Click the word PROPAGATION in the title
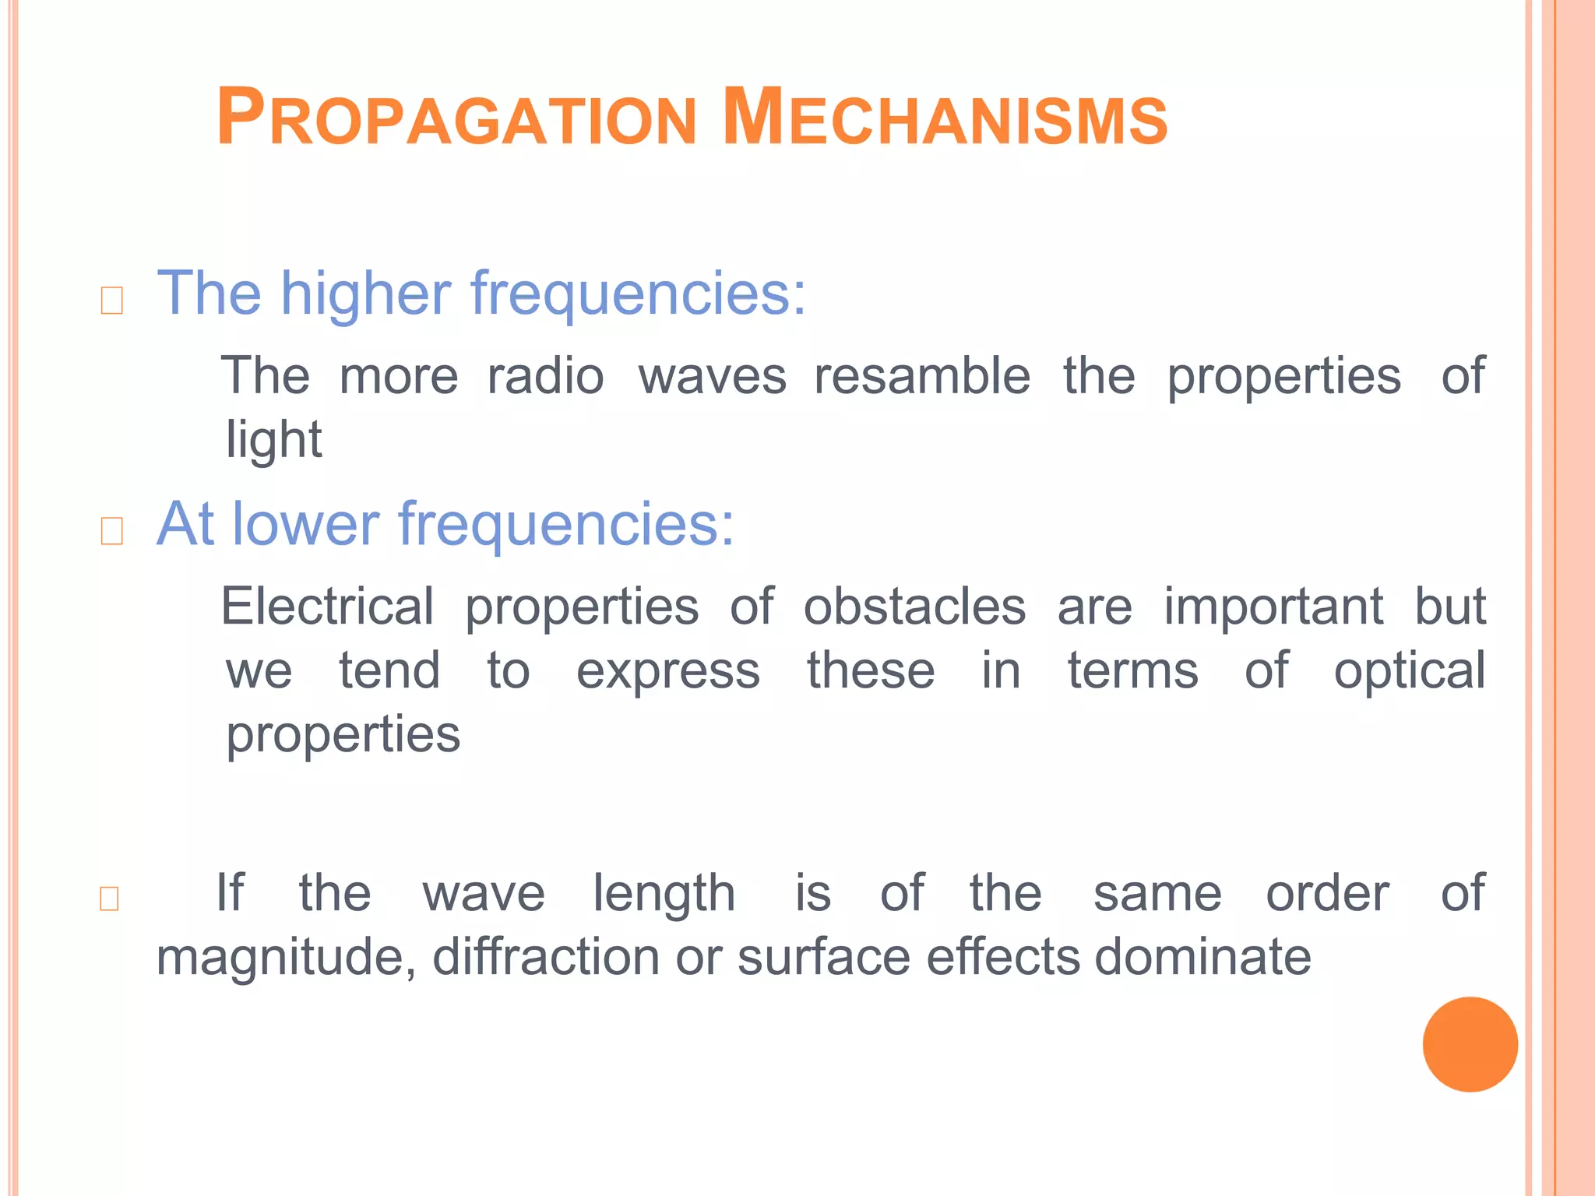(x=456, y=119)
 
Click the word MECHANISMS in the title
(x=944, y=119)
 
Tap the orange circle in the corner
(x=1470, y=1044)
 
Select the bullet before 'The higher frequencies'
(x=112, y=301)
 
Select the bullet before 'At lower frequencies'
(x=112, y=531)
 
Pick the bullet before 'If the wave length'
(x=110, y=899)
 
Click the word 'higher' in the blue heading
(x=365, y=294)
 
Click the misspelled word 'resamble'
(x=922, y=376)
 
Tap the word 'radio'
(x=545, y=376)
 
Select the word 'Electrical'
(x=328, y=607)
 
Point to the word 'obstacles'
(x=914, y=607)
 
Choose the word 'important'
(x=1273, y=607)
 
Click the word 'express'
(x=667, y=671)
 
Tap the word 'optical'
(x=1409, y=671)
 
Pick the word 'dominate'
(x=1202, y=956)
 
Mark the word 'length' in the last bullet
(x=664, y=894)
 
